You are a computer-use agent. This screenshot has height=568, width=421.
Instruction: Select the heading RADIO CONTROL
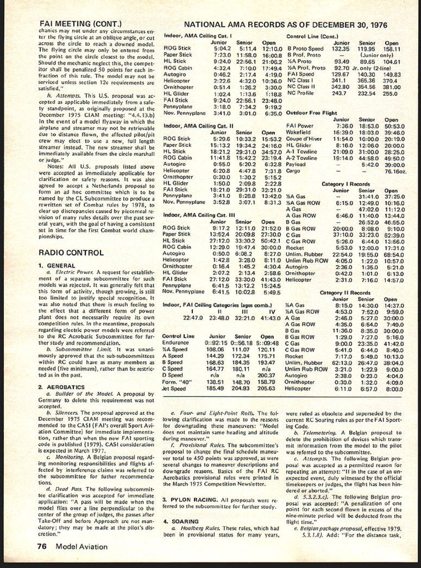pos(71,253)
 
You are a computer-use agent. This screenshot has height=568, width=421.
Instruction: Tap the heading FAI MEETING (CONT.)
pos(80,24)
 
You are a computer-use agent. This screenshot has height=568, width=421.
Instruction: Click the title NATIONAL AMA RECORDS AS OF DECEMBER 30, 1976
pos(285,25)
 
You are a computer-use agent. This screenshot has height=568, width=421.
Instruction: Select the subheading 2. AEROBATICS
pos(62,387)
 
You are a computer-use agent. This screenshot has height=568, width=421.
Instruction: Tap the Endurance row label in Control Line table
pos(175,343)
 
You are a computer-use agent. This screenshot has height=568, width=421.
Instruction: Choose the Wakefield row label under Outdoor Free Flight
pos(298,133)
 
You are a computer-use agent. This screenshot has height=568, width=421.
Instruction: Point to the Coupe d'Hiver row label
pos(304,139)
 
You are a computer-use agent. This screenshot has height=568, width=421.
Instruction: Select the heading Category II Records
pos(345,293)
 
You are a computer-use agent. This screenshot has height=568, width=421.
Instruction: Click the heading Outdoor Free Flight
pos(311,113)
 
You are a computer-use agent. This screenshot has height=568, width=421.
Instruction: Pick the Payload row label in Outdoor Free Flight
pos(295,164)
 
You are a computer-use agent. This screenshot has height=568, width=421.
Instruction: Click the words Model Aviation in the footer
pos(82,547)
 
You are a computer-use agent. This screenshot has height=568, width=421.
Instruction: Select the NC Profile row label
pos(300,93)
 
